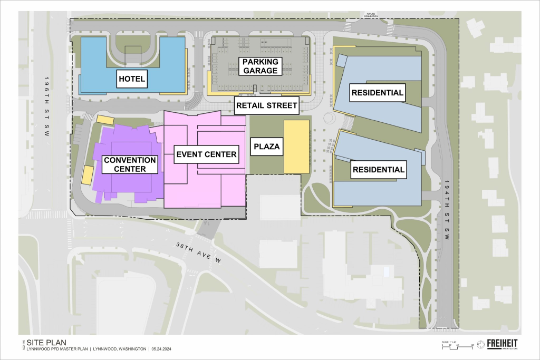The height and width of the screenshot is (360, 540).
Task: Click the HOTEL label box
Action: [132, 80]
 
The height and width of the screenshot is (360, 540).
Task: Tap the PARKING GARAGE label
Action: [260, 66]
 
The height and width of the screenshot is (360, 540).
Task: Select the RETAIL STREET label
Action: [267, 105]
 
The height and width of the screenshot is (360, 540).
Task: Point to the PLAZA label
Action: [266, 146]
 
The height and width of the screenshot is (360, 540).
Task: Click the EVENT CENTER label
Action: [206, 155]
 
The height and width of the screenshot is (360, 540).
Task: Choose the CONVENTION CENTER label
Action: [130, 164]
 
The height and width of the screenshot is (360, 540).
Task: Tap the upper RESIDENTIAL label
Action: [377, 93]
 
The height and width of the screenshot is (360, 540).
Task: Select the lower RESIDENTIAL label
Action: [378, 170]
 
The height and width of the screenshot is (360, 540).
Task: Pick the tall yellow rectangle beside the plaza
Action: [296, 147]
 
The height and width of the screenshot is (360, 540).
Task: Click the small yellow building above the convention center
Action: [105, 120]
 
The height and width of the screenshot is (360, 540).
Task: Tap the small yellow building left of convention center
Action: [88, 174]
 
